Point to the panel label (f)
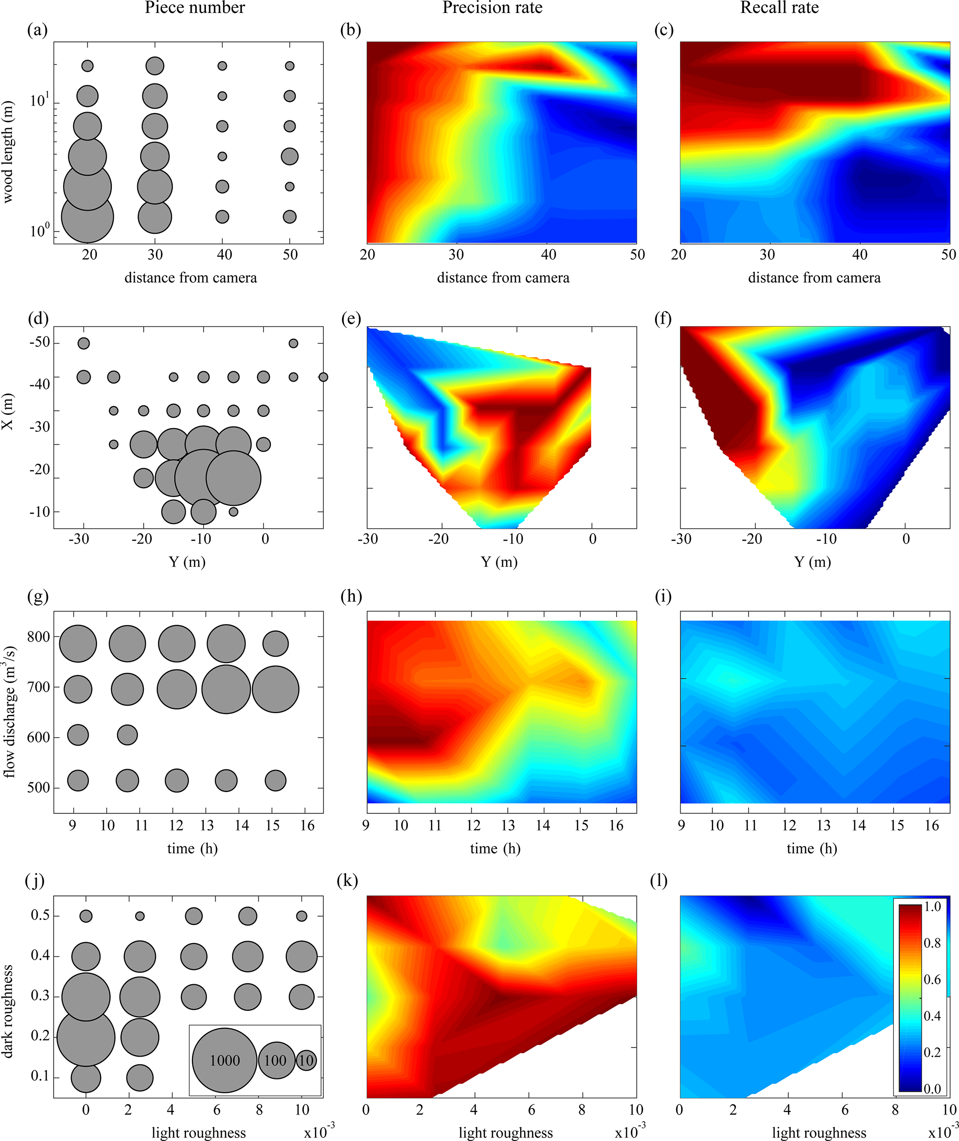coord(664,319)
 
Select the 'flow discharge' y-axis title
coord(9,712)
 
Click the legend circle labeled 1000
coord(225,1060)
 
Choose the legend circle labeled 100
coord(276,1060)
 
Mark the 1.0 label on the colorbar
coord(933,907)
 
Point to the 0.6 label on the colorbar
coord(933,980)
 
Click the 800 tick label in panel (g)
coord(39,636)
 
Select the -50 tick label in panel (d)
coord(40,343)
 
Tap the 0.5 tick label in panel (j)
coord(40,916)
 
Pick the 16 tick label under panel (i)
coord(932,826)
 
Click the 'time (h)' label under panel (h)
coord(495,849)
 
